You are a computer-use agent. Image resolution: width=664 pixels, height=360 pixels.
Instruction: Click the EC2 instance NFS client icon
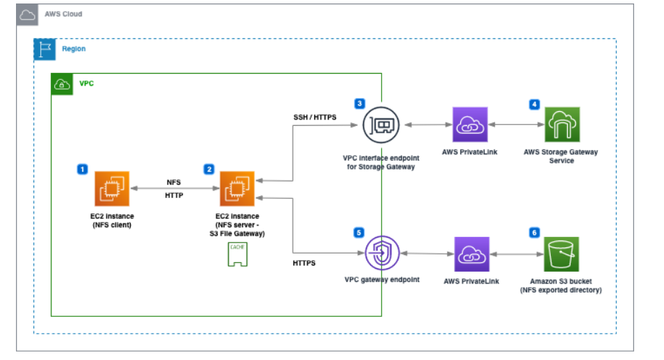tap(112, 188)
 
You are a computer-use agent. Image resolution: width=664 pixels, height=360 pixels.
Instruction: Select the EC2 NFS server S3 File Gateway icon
tap(237, 188)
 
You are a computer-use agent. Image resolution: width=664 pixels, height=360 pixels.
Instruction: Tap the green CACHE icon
tap(237, 256)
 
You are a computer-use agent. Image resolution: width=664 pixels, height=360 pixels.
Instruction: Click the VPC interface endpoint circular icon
tap(380, 125)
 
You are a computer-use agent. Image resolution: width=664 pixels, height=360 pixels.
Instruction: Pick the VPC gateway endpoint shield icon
tap(380, 254)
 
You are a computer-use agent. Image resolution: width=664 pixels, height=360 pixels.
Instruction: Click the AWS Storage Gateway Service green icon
tap(562, 125)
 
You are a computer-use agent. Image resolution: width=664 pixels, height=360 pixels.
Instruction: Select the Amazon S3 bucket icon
tap(562, 254)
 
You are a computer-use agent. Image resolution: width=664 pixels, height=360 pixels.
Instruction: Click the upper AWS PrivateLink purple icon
tap(470, 125)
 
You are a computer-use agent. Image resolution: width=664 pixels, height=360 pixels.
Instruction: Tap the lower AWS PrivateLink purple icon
tap(471, 254)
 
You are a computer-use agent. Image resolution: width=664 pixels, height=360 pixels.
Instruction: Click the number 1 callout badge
tap(82, 169)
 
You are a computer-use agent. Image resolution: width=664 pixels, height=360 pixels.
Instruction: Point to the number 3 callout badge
tap(359, 104)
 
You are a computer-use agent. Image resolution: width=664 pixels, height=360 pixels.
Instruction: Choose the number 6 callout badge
tap(534, 232)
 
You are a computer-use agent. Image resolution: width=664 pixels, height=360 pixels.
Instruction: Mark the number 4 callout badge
tap(534, 104)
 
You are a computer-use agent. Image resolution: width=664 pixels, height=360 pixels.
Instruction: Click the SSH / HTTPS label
tap(315, 117)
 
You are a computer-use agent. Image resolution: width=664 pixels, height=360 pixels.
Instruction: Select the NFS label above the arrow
tap(174, 181)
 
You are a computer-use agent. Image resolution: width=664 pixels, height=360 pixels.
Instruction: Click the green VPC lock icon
tap(62, 83)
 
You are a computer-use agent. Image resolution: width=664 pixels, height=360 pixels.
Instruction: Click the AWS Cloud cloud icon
tap(26, 14)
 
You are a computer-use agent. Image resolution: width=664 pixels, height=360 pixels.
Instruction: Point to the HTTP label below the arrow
tap(174, 196)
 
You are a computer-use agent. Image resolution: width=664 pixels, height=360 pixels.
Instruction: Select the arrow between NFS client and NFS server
tap(174, 188)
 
